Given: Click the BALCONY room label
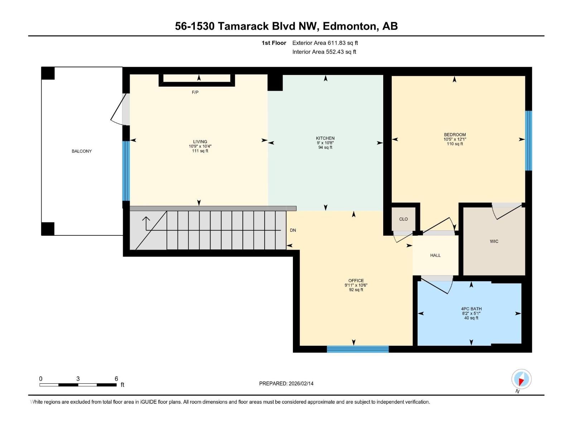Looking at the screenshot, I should pos(82,151).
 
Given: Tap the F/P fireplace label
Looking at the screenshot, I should pos(195,92).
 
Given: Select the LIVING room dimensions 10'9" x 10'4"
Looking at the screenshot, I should pos(200,146).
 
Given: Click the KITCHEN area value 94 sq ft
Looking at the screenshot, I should pos(325,147).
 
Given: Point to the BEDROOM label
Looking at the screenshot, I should pos(454,135).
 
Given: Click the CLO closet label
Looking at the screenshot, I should pos(403,219).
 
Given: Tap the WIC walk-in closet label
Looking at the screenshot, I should pos(494,242).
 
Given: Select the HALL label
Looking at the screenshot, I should pos(435,255).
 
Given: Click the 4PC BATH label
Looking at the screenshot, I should pos(471,309).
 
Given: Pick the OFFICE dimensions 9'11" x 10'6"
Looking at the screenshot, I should pos(356,285).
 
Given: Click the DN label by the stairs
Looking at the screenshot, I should pos(293,230).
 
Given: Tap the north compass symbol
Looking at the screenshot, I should pos(521,379).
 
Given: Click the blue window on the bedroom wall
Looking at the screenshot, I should pos(528,140).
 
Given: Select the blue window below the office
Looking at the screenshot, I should pos(357,349).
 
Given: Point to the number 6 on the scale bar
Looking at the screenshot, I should pos(116,379).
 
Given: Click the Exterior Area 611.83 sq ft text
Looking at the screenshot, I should pos(325,43).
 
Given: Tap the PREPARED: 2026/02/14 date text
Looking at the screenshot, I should pos(286,383).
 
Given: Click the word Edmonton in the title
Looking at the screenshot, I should pos(350,26).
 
